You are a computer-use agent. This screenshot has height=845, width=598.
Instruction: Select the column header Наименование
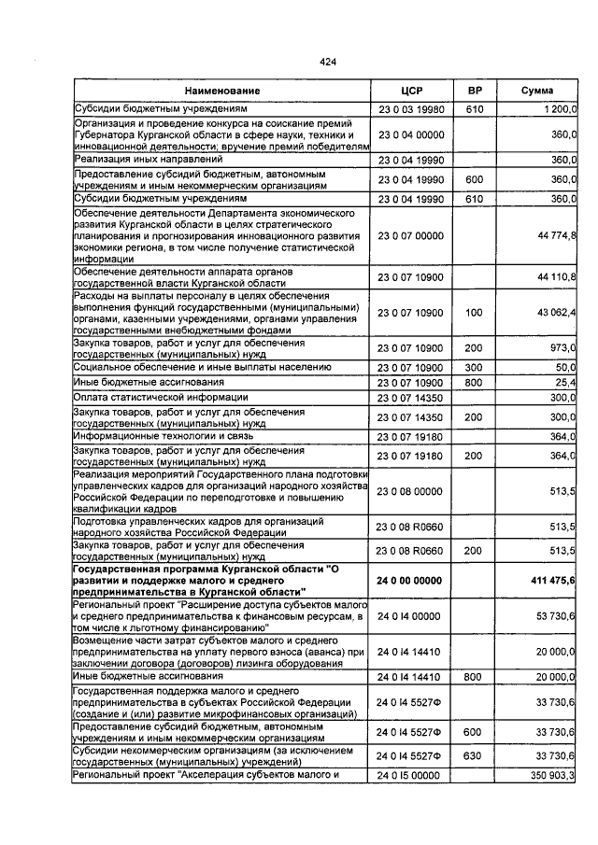coord(221,91)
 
